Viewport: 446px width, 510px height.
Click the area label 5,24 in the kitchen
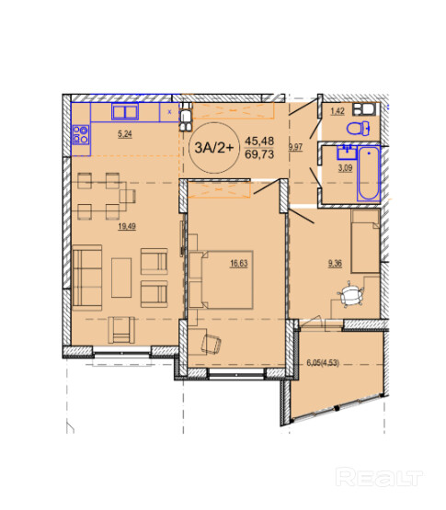tap(125, 133)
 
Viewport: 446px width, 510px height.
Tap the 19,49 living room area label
tap(127, 226)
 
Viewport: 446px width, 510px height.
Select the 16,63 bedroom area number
tap(239, 263)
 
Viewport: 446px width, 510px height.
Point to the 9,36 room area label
tap(335, 263)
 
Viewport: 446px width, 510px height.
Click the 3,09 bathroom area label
tap(345, 168)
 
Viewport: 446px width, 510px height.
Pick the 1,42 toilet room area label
tap(337, 111)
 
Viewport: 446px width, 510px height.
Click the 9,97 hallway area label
tap(295, 147)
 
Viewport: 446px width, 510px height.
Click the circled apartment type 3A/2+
tap(214, 148)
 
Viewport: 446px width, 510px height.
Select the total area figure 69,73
tap(259, 154)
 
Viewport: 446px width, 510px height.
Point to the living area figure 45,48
tap(259, 142)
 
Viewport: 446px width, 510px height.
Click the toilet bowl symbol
tap(358, 128)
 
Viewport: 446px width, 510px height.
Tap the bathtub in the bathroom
tap(369, 173)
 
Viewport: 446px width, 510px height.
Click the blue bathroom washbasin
tap(347, 153)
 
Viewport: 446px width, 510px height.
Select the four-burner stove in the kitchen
tap(81, 135)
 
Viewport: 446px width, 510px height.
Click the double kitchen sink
tap(125, 111)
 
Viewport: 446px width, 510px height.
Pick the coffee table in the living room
tap(121, 278)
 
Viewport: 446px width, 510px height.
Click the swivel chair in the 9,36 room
tap(349, 294)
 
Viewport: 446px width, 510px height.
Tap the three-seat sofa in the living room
tap(87, 278)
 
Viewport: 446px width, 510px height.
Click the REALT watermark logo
tap(379, 477)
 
